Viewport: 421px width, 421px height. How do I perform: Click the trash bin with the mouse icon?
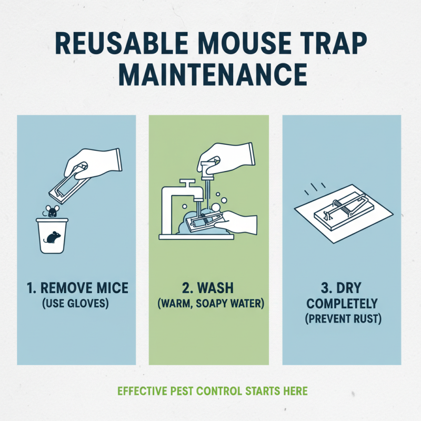coord(52,236)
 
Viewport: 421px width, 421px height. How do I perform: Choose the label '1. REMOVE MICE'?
coord(77,288)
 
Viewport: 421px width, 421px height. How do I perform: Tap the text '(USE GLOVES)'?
coord(77,304)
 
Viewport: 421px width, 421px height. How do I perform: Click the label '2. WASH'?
coord(209,288)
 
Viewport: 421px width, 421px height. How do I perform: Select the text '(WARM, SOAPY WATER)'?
coord(209,304)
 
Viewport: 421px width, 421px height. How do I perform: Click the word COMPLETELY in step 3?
coord(342,304)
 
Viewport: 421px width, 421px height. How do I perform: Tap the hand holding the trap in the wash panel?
coord(239,223)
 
